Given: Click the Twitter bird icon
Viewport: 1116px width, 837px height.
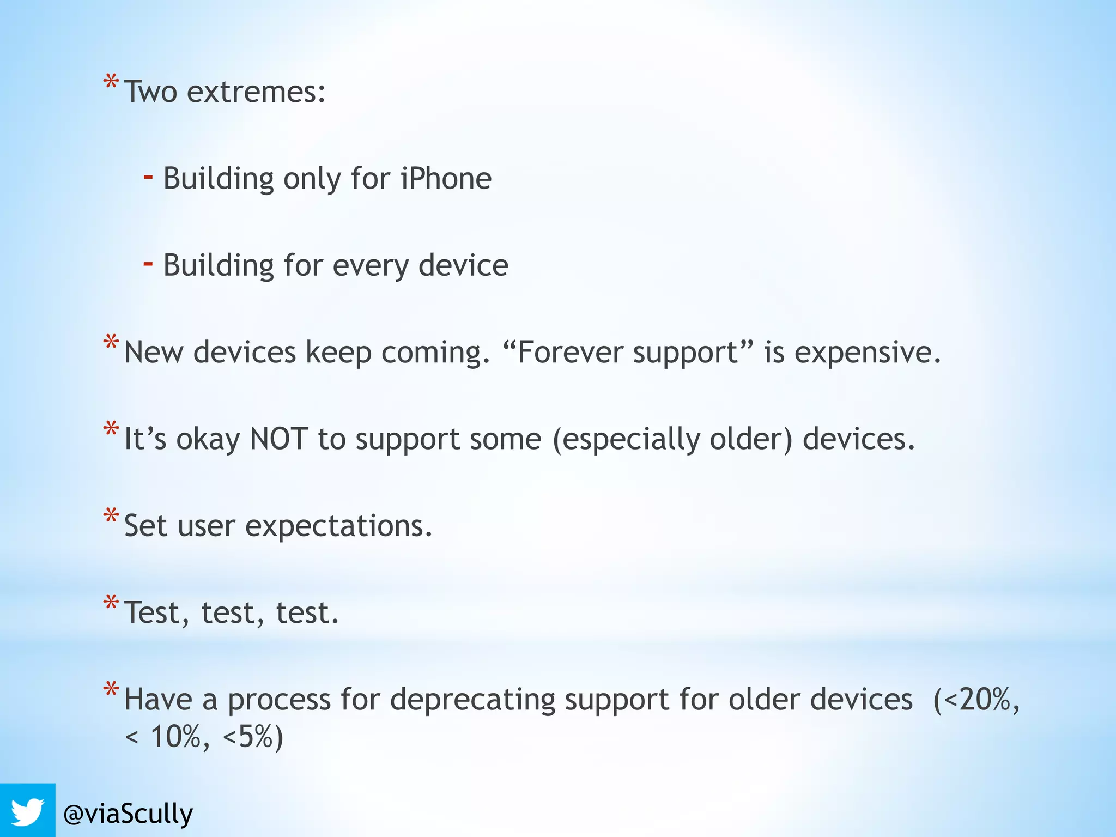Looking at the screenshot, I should tap(27, 812).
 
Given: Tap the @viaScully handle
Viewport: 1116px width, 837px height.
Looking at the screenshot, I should tap(128, 814).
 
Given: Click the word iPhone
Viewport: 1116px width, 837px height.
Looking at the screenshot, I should tap(446, 178).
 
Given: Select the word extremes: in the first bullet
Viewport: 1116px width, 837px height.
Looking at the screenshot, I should tap(256, 92).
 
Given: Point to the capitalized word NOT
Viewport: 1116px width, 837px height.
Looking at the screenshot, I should tap(278, 439).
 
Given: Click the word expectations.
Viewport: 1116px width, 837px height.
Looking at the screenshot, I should tap(338, 526).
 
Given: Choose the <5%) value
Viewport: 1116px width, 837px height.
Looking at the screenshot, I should tap(253, 737).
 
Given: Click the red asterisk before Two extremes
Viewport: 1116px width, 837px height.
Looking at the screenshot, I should tap(111, 83).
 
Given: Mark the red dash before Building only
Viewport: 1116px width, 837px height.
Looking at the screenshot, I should tap(148, 177).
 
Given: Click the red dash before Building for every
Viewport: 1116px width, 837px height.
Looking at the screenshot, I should tap(148, 264).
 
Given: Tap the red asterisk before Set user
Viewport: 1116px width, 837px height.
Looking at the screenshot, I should tap(111, 516).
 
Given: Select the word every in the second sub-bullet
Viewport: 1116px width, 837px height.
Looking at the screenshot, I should tap(370, 266).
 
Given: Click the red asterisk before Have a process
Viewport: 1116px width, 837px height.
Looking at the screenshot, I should tap(111, 689).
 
